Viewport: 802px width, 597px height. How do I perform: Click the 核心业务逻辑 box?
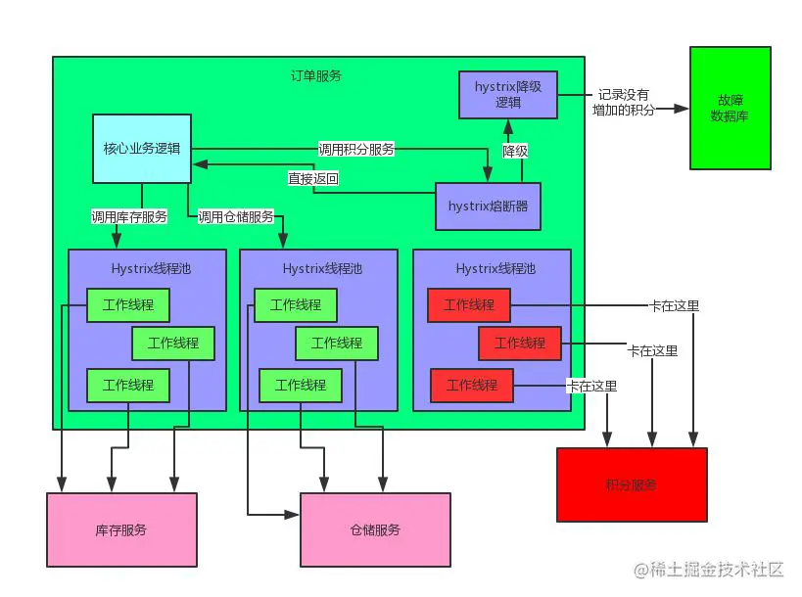pyautogui.click(x=141, y=149)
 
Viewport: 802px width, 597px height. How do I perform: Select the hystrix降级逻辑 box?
pyautogui.click(x=507, y=94)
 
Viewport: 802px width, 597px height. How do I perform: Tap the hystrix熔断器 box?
pyautogui.click(x=487, y=206)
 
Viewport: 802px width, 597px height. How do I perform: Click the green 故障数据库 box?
pyautogui.click(x=730, y=107)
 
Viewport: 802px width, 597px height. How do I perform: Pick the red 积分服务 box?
pyautogui.click(x=631, y=484)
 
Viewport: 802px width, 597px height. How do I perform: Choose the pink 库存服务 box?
pyautogui.click(x=121, y=529)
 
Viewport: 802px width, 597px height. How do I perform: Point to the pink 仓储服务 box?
pyautogui.click(x=375, y=529)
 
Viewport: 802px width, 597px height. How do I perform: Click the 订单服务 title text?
pyautogui.click(x=316, y=75)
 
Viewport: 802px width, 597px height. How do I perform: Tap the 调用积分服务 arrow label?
pyautogui.click(x=356, y=150)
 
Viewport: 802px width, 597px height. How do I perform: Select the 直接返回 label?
pyautogui.click(x=312, y=179)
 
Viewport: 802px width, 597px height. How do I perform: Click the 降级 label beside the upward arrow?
pyautogui.click(x=516, y=151)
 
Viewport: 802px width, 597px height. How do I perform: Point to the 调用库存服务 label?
pyautogui.click(x=128, y=216)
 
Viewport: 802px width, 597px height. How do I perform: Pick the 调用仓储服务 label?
pyautogui.click(x=235, y=216)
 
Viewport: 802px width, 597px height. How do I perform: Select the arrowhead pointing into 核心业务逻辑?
pyautogui.click(x=198, y=165)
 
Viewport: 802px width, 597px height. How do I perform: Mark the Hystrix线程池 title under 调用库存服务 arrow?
pyautogui.click(x=146, y=267)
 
